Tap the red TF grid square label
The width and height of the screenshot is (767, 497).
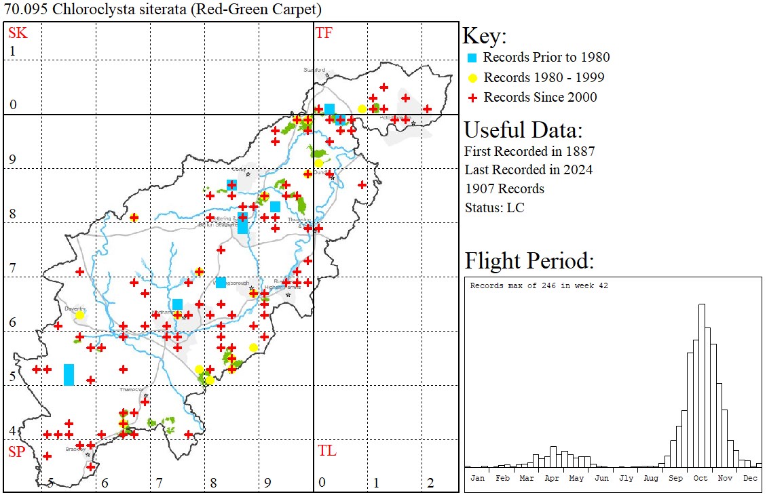point(324,32)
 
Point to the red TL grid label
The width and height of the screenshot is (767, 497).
point(326,451)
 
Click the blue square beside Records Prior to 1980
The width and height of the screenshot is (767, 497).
point(472,58)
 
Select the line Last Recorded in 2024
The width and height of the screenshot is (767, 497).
point(528,170)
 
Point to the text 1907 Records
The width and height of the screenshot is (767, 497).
point(504,188)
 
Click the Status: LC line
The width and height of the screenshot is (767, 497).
point(494,207)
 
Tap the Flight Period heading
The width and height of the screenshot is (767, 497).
point(529,261)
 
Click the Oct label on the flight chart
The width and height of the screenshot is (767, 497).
point(700,478)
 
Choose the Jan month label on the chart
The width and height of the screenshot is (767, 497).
point(477,478)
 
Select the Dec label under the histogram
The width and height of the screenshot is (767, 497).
point(750,478)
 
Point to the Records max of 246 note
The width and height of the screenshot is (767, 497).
point(539,285)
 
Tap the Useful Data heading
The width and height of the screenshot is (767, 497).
point(523,130)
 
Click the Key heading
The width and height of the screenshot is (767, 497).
point(484,36)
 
